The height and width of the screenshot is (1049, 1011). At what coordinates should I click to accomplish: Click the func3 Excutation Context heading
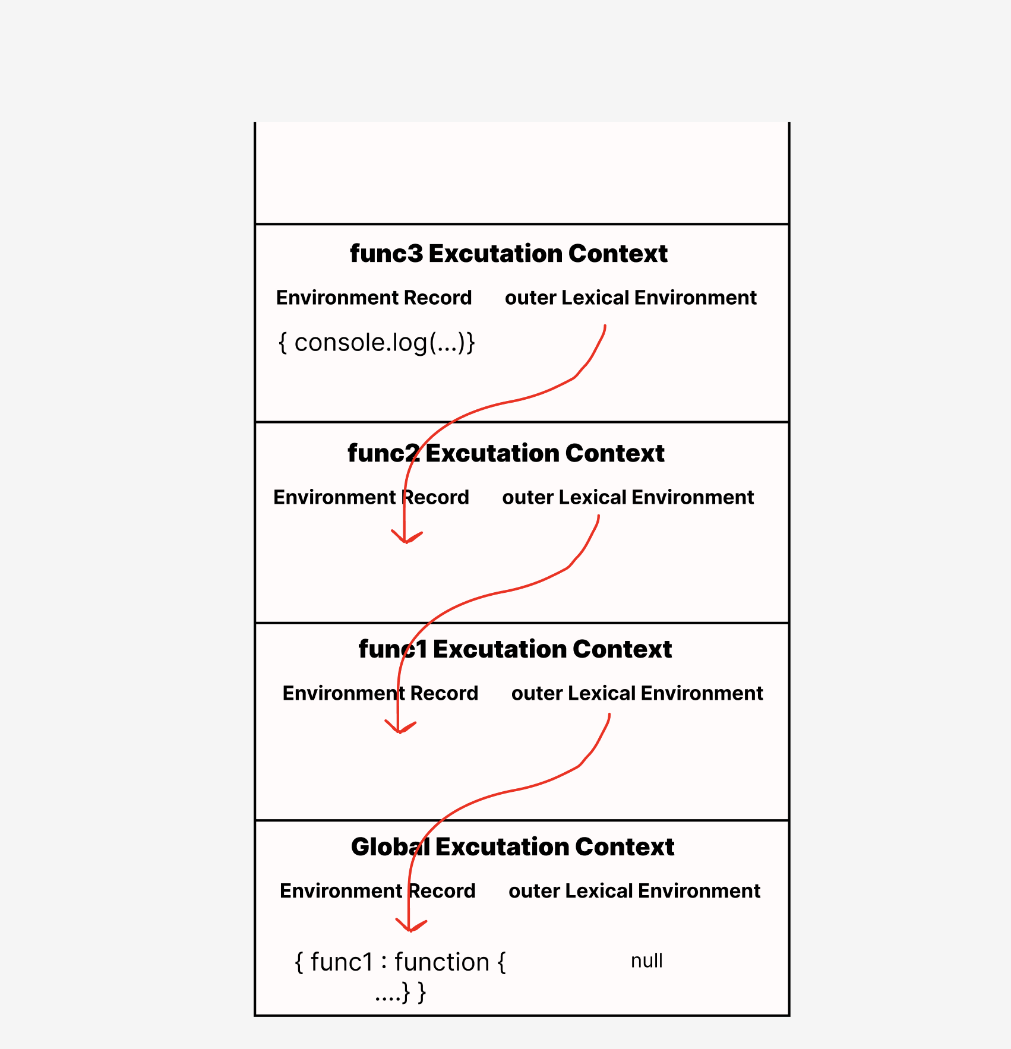point(508,254)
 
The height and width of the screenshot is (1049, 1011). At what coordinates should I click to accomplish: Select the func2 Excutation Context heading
point(506,453)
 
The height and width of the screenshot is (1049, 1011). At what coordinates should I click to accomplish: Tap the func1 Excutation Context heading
point(515,649)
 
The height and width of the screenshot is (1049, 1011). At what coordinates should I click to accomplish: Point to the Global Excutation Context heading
point(513,847)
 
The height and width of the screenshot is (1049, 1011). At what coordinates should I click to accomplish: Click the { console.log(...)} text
point(377,343)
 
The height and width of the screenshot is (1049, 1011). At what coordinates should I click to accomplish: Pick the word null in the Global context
point(646,960)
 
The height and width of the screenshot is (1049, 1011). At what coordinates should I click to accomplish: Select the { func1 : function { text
point(400,962)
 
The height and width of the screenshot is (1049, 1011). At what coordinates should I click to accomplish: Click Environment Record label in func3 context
point(374,298)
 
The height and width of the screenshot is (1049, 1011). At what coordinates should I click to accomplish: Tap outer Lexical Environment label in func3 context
point(630,298)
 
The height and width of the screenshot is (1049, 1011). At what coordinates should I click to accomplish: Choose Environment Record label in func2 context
point(371,497)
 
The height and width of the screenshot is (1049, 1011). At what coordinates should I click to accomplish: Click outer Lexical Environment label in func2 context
point(628,497)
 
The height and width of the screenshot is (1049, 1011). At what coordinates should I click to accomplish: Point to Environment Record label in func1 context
point(380,693)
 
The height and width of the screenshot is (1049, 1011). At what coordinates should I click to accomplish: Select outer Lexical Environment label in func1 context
point(637,693)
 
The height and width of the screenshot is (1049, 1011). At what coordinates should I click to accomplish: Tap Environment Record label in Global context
point(377,891)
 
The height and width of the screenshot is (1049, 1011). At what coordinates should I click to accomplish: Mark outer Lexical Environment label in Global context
point(634,891)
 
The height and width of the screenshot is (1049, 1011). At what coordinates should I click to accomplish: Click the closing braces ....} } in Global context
point(400,993)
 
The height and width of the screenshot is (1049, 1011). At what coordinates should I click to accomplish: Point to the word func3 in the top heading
point(386,254)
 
